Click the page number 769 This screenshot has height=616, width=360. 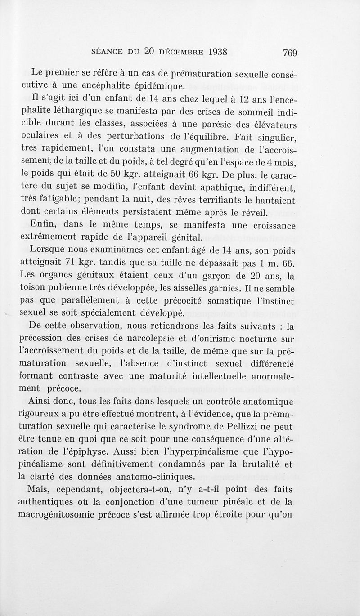pos(290,52)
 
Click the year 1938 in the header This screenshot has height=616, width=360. pos(211,51)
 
